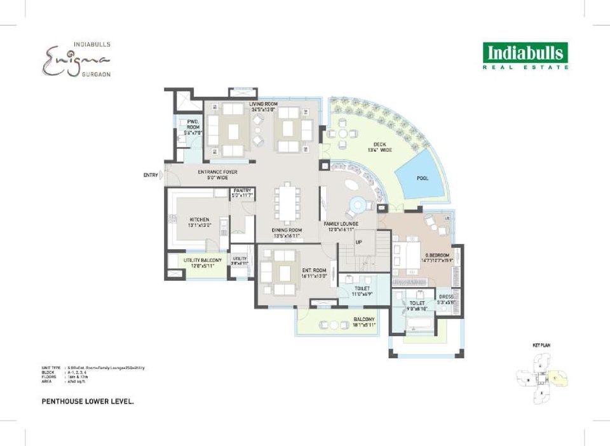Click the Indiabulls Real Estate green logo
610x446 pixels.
(x=525, y=55)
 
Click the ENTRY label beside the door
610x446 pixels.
(x=151, y=175)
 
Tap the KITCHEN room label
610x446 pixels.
(x=199, y=220)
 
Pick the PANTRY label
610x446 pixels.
(x=242, y=191)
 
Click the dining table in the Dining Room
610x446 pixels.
(x=286, y=204)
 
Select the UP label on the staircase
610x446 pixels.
(x=358, y=243)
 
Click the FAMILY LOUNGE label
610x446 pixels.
(x=341, y=224)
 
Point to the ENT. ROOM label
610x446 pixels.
(x=314, y=270)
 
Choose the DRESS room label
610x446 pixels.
(x=447, y=297)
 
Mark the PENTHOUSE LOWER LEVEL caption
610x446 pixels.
(x=87, y=402)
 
